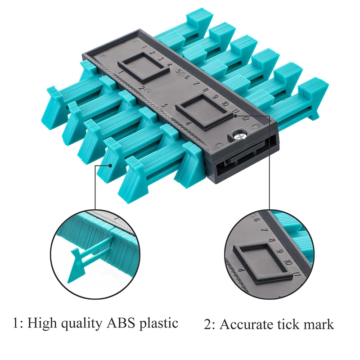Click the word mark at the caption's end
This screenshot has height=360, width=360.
pos(319,323)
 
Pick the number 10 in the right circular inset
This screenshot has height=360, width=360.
pos(288,264)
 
